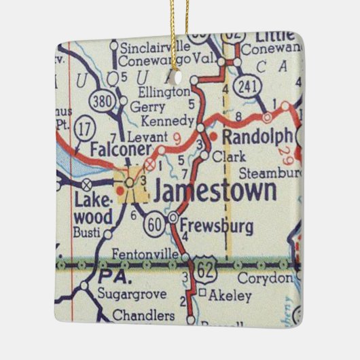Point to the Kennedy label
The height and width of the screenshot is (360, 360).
click(162, 122)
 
